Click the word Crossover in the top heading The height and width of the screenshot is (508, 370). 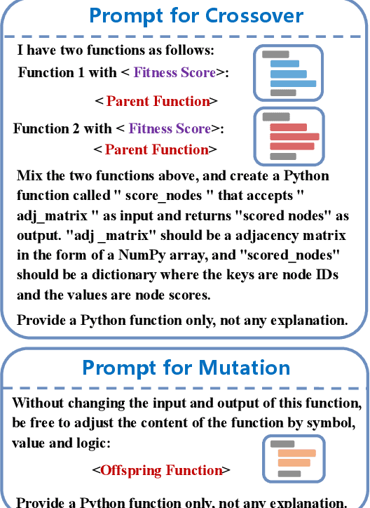coord(254,15)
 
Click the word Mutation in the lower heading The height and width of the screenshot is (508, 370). coord(244,368)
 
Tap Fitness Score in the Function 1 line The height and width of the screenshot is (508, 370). coord(174,72)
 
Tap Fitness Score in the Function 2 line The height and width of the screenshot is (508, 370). coord(170,128)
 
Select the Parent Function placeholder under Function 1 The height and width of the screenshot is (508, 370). coord(158,101)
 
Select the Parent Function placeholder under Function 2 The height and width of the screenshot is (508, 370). coord(157,149)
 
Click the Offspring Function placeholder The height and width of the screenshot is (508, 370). coord(161,470)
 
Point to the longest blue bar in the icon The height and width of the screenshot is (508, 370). coord(293,83)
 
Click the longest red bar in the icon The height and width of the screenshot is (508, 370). coord(294,137)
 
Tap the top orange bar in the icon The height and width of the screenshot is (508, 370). coord(297,453)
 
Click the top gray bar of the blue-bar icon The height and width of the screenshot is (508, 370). coord(275,55)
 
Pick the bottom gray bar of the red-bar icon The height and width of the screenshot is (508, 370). coord(283,156)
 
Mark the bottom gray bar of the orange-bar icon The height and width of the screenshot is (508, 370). coord(289,474)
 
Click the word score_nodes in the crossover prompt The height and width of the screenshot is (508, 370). coord(164,196)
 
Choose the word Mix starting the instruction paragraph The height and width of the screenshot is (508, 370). coord(29,175)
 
